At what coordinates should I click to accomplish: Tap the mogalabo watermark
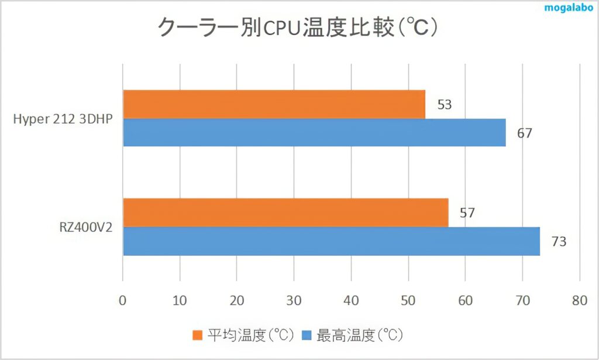(569, 9)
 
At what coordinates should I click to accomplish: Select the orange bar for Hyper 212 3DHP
(274, 104)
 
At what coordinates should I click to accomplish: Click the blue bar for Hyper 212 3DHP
(314, 132)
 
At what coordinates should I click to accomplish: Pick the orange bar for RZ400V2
(285, 212)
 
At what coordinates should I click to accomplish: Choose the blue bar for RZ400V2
(331, 241)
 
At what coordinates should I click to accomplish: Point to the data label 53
(445, 105)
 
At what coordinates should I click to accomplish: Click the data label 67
(525, 133)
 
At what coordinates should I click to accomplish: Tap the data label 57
(467, 213)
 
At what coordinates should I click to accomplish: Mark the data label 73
(559, 241)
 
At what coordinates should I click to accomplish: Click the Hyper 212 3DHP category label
(63, 119)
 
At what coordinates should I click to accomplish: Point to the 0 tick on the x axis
(122, 300)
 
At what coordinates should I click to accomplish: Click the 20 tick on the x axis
(236, 300)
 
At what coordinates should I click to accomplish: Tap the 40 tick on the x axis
(351, 300)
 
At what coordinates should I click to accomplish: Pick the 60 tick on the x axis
(465, 300)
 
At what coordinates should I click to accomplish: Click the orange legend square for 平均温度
(197, 335)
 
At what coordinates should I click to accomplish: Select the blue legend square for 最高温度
(306, 335)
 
